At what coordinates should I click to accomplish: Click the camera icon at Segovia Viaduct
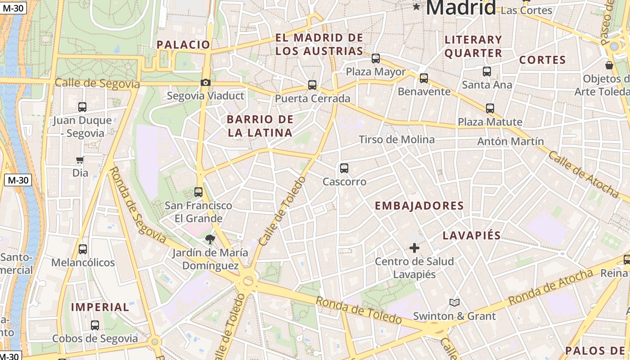click(205, 82)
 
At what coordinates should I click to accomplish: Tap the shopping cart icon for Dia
click(80, 160)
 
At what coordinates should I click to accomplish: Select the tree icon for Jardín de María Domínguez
click(210, 239)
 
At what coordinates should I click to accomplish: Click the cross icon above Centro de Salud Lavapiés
click(414, 247)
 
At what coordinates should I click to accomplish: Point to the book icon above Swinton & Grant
click(454, 302)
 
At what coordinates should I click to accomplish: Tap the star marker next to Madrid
click(417, 7)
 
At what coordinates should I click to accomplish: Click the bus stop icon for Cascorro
click(344, 168)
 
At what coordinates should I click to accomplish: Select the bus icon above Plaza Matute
click(490, 108)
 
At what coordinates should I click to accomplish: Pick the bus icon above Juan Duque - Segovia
click(82, 107)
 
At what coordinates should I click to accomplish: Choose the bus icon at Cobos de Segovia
click(95, 325)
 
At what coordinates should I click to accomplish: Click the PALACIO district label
click(183, 45)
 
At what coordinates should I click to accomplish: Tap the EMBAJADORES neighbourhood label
click(419, 206)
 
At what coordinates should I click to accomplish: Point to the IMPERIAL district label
click(100, 307)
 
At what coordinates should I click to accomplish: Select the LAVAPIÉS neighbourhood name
click(472, 235)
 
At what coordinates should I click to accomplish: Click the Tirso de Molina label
click(396, 139)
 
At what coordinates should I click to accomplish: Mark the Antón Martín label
click(510, 141)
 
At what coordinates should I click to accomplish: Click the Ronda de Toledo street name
click(358, 310)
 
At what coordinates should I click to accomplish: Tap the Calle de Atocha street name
click(583, 174)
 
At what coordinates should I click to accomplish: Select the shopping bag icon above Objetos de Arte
click(609, 65)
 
